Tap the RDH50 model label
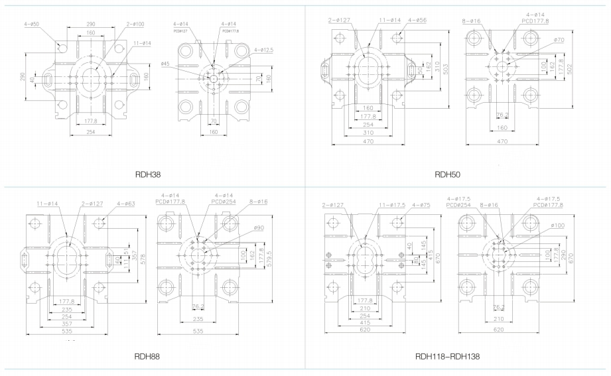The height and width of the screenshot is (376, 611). click(447, 175)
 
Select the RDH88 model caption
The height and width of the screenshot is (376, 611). click(147, 356)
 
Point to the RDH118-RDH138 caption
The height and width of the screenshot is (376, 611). click(447, 356)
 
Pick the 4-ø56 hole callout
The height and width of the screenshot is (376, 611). click(417, 20)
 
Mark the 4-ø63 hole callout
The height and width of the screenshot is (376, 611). click(125, 204)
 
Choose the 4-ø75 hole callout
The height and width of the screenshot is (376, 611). click(421, 205)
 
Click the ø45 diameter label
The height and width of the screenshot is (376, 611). click(165, 64)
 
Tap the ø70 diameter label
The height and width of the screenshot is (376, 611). click(558, 40)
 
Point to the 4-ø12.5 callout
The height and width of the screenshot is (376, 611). click(264, 50)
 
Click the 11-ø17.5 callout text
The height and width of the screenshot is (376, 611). click(390, 205)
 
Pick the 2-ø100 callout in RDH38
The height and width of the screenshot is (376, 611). click(135, 25)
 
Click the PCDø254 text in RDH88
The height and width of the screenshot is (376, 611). click(222, 200)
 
